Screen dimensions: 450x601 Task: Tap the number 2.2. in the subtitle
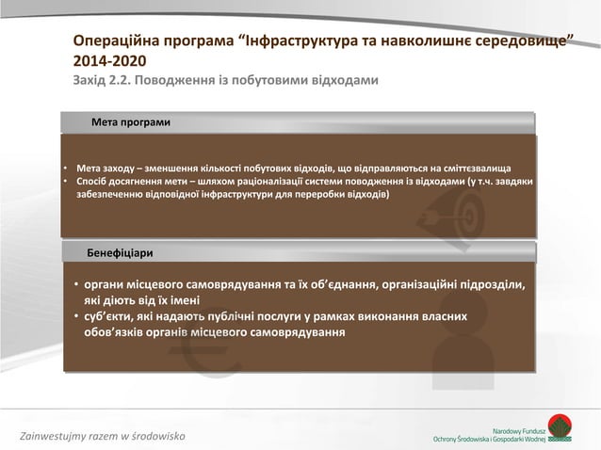120,81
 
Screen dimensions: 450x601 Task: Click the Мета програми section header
131,122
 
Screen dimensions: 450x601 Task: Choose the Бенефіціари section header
120,253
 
